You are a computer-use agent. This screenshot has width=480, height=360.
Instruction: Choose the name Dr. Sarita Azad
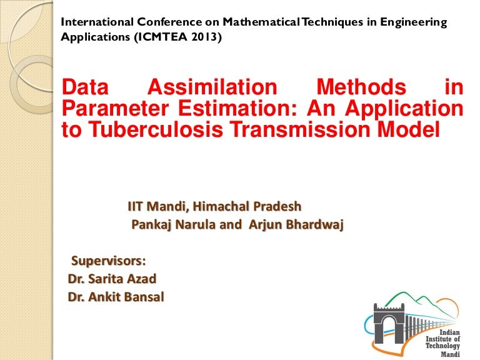[112, 279]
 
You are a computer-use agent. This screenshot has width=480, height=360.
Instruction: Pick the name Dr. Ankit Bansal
[116, 297]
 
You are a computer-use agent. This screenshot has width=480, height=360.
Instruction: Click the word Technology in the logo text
[442, 346]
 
